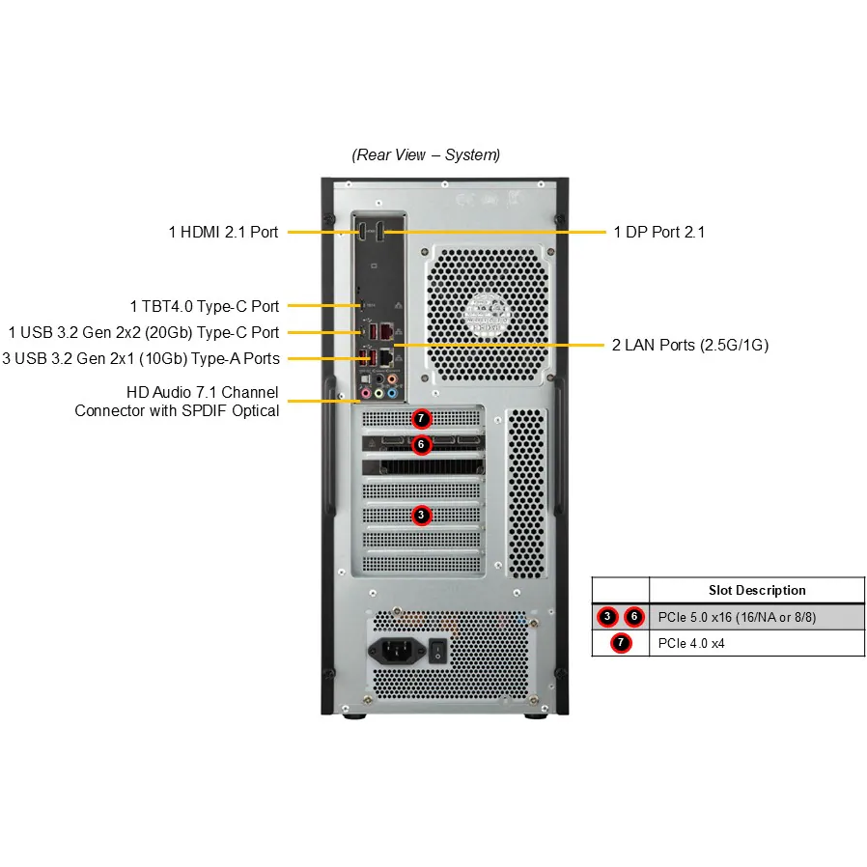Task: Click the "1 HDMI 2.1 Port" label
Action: click(x=223, y=232)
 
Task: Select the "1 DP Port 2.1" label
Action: click(x=658, y=232)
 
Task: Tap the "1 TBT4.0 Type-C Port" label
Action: click(x=205, y=306)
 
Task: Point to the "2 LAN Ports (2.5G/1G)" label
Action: click(x=689, y=345)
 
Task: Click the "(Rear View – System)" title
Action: click(x=426, y=154)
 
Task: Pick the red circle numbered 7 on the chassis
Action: click(x=420, y=419)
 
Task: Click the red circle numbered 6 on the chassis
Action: click(x=420, y=445)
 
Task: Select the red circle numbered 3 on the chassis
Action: click(x=420, y=515)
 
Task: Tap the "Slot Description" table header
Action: click(x=757, y=590)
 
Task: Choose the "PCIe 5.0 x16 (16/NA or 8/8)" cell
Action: click(x=736, y=616)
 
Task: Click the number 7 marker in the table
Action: click(x=620, y=643)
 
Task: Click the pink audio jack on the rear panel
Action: click(x=365, y=394)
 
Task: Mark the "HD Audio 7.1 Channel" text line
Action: click(x=202, y=392)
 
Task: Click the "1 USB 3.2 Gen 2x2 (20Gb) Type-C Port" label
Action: click(x=144, y=332)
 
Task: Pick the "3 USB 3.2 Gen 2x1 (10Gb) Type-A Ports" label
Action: click(x=141, y=358)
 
